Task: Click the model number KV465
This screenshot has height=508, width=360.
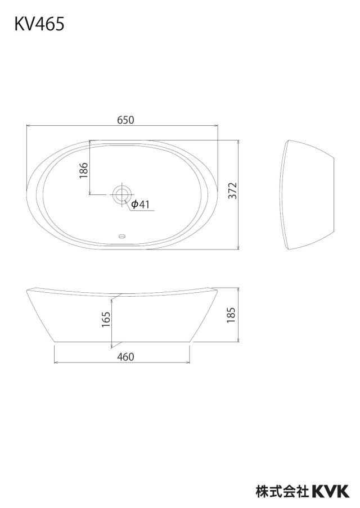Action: pos(39,24)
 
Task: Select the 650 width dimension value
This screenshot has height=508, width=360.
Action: pos(125,120)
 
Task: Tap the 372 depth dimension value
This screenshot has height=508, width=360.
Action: pos(233,191)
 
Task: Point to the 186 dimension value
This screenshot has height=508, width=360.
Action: pos(84,170)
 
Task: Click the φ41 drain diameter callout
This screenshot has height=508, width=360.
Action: pos(140,204)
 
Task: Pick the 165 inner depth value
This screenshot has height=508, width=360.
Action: pos(106,319)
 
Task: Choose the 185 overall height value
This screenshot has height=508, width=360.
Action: pos(231,315)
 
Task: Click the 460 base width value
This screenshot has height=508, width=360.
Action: pos(125,357)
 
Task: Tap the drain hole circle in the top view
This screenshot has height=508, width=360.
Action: pos(122,194)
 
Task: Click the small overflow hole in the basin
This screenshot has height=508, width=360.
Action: pos(122,236)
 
